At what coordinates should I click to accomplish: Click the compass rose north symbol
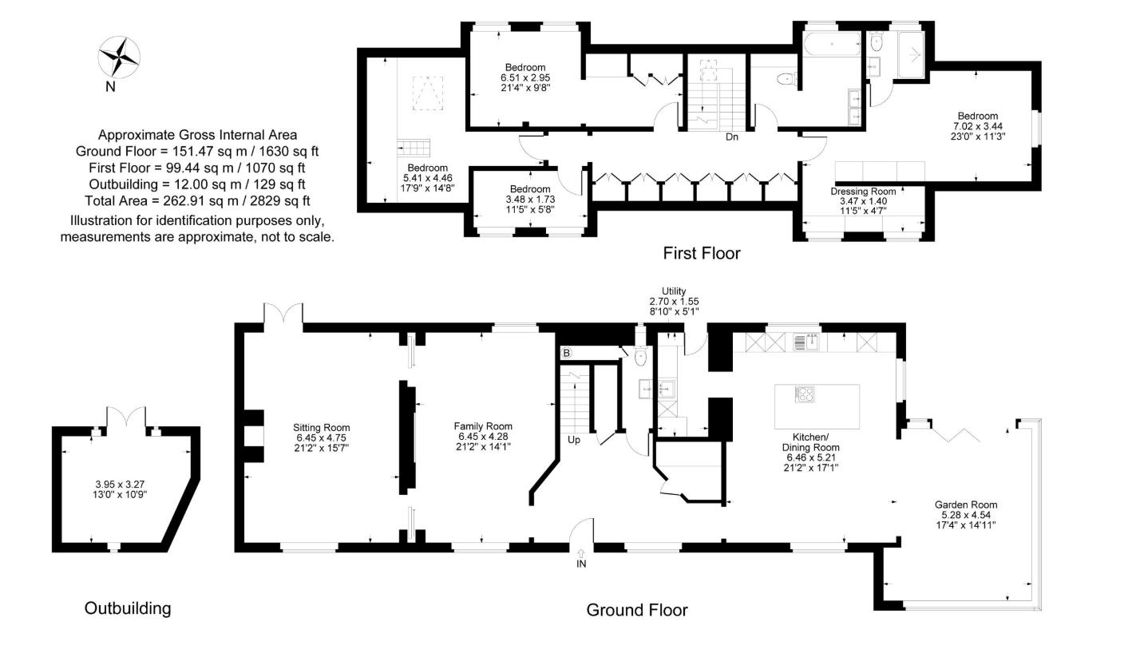coord(119,57)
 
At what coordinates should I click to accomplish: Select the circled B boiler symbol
coord(567,352)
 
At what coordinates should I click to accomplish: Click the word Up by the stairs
coord(574,440)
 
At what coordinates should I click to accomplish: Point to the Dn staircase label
coord(731,137)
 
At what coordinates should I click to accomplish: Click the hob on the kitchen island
coord(804,394)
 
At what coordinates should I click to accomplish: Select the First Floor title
coord(702,254)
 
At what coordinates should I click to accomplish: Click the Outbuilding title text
coord(128,608)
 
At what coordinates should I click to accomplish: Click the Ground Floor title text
coord(636,611)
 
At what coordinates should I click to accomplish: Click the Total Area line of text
coord(197,201)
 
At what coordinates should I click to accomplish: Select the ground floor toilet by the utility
coord(640,358)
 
